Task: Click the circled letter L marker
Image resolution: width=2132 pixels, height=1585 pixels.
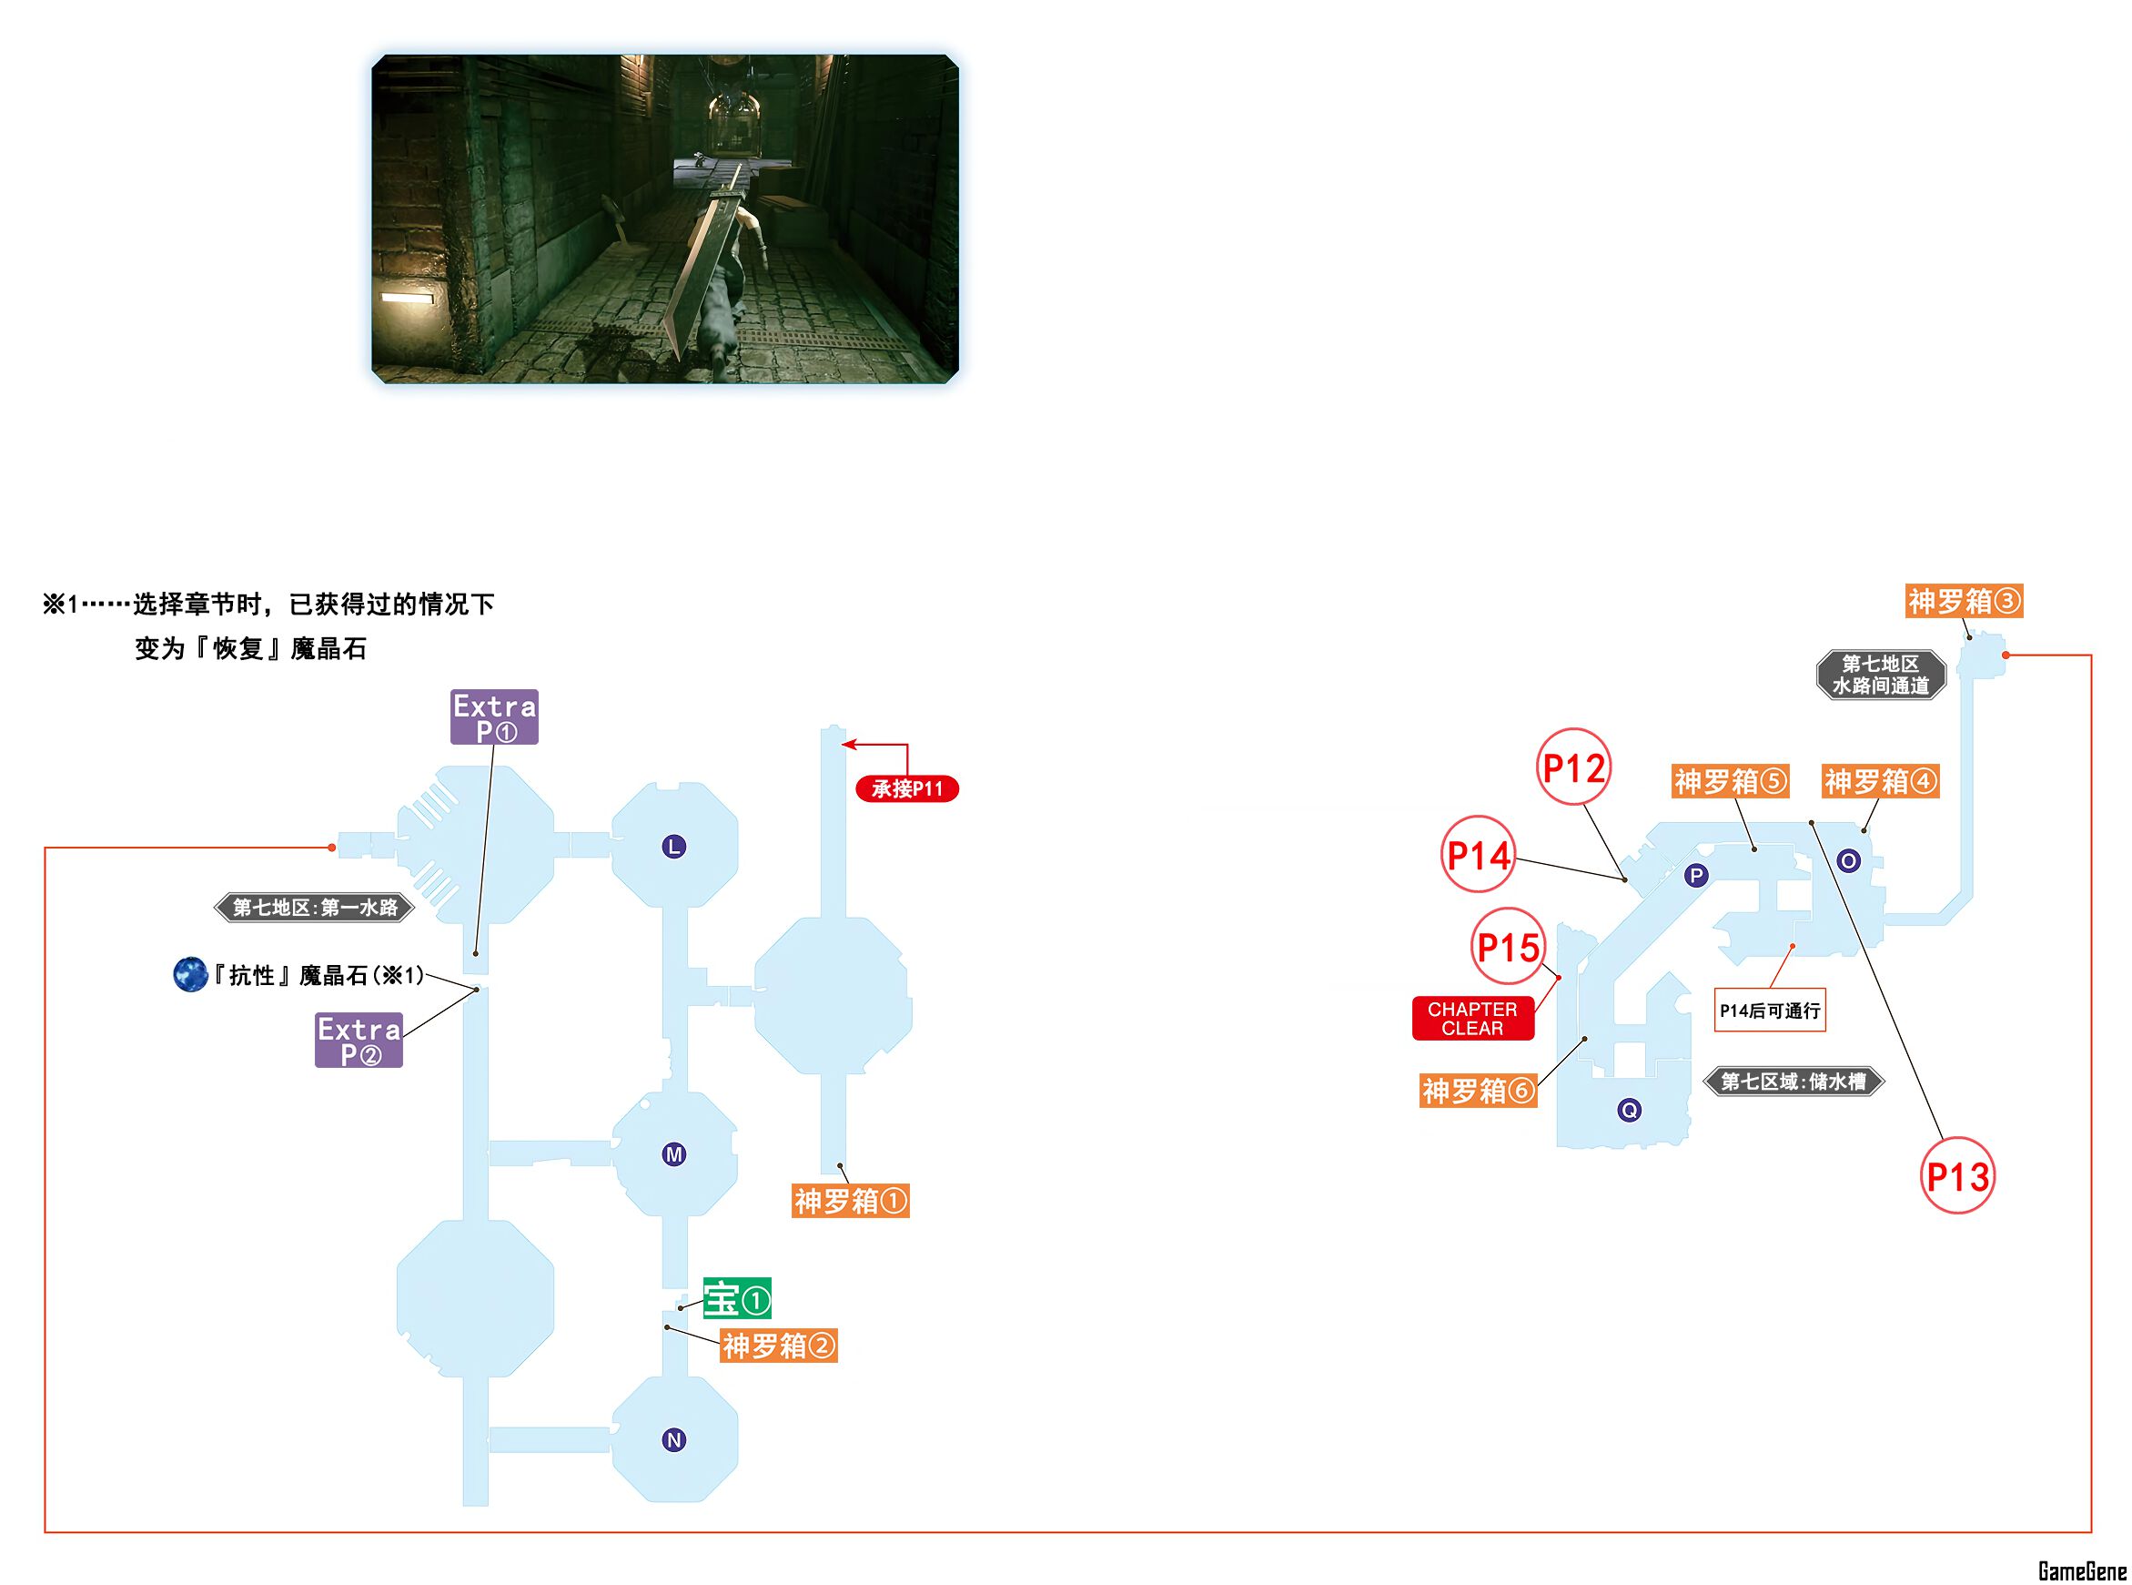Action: pyautogui.click(x=674, y=847)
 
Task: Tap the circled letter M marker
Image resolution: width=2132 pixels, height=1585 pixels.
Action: pyautogui.click(x=674, y=1154)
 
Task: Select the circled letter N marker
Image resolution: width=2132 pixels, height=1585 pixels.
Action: pyautogui.click(x=674, y=1439)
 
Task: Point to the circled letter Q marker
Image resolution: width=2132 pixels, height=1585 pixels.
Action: pyautogui.click(x=1629, y=1110)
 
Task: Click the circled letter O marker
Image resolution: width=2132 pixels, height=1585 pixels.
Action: pyautogui.click(x=1848, y=860)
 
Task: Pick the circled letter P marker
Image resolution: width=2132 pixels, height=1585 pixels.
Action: pyautogui.click(x=1696, y=875)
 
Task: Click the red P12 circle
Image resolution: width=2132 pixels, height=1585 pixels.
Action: pyautogui.click(x=1574, y=767)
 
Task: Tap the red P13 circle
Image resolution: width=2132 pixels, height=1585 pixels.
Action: pyautogui.click(x=1957, y=1176)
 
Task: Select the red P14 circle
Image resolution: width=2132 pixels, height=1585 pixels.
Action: pyautogui.click(x=1479, y=855)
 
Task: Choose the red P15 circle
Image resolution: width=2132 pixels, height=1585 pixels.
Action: pyautogui.click(x=1509, y=947)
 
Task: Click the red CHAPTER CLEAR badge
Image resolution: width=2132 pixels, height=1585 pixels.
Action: pyautogui.click(x=1472, y=1019)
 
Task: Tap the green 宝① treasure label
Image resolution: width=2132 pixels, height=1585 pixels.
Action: pyautogui.click(x=736, y=1299)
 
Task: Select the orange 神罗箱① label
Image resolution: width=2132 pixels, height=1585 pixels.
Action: pyautogui.click(x=851, y=1201)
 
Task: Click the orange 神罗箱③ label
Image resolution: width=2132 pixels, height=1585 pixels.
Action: pyautogui.click(x=1965, y=602)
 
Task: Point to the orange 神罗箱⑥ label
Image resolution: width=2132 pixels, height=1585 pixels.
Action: pyautogui.click(x=1478, y=1091)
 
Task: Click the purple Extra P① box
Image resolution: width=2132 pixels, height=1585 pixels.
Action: pyautogui.click(x=494, y=716)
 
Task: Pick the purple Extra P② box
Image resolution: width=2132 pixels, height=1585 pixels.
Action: pyautogui.click(x=359, y=1040)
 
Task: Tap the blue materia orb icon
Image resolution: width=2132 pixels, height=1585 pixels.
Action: pyautogui.click(x=190, y=975)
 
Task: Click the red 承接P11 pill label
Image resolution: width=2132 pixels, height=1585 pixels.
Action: pyautogui.click(x=906, y=788)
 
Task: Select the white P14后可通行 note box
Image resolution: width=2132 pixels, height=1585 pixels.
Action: pyautogui.click(x=1770, y=1011)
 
